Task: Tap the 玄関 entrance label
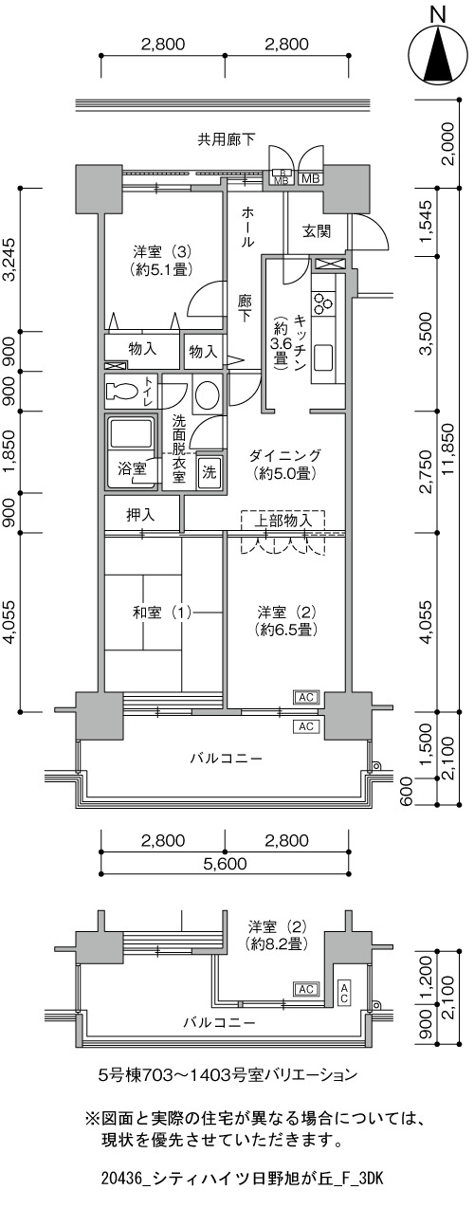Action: (x=317, y=231)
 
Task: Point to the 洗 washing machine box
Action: (x=210, y=472)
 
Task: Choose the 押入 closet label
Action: (x=140, y=515)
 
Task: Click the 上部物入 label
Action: (x=283, y=521)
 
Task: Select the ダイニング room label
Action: (x=285, y=456)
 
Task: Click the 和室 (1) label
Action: (x=162, y=613)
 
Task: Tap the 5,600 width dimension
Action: (x=225, y=864)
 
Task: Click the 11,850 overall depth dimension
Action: (x=452, y=448)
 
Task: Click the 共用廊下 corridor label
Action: (x=227, y=140)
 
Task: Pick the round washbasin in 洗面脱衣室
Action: (x=207, y=395)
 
